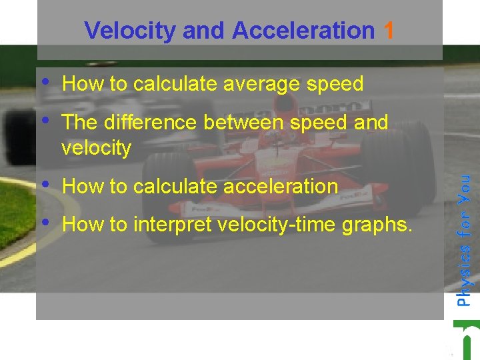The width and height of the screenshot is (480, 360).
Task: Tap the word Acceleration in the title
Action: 303,30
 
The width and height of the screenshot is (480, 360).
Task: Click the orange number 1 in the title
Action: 388,30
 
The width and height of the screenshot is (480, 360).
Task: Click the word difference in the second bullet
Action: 150,122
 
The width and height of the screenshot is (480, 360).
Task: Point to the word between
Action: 243,122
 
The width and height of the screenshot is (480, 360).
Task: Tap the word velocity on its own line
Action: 97,148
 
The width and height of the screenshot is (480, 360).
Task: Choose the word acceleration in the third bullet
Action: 281,186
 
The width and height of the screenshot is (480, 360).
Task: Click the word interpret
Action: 173,224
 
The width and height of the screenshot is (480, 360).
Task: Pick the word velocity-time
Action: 277,225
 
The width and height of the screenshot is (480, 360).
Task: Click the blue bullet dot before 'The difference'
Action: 45,120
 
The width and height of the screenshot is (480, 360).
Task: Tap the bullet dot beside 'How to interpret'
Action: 45,222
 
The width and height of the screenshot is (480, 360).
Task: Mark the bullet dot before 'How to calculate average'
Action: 45,81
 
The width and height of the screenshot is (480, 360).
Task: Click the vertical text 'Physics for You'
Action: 463,241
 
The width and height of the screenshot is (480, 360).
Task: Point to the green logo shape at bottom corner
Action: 467,340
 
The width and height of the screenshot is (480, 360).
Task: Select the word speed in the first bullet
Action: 335,84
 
